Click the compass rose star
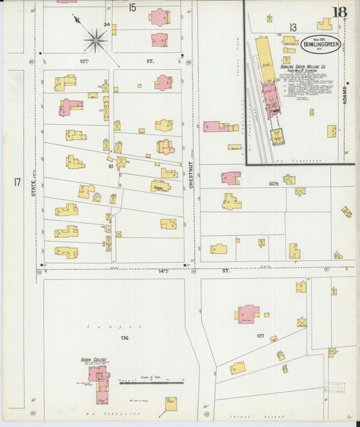click(96, 40)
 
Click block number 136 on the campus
click(124, 337)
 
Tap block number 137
click(259, 335)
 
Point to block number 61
click(111, 166)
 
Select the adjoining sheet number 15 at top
click(132, 7)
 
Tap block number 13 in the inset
click(293, 26)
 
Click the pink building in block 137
click(249, 313)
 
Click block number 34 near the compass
click(106, 25)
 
